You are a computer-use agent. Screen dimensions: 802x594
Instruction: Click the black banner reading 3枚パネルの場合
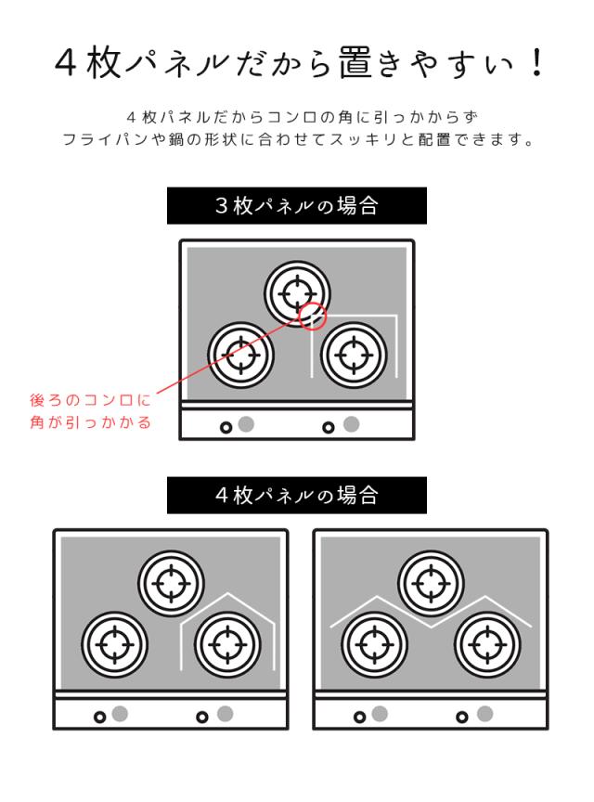point(297,205)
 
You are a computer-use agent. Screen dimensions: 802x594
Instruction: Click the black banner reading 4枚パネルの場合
point(297,495)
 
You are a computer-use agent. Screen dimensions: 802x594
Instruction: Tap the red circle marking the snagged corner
point(314,317)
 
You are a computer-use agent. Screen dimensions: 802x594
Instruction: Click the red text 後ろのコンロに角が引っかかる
point(90,411)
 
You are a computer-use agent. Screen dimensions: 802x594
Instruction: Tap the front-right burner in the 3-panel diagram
point(353,354)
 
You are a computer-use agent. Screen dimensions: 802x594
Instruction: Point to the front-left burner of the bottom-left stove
point(114,642)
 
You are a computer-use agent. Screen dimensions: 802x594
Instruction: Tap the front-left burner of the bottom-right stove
point(373,642)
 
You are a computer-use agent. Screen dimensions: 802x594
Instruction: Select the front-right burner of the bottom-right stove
point(486,642)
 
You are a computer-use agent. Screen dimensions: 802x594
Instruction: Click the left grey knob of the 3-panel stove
point(246,425)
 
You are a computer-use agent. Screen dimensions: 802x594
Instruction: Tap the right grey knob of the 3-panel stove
point(351,425)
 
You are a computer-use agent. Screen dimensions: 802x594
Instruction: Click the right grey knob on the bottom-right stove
point(484,714)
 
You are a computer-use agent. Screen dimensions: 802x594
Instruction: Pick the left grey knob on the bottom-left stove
point(120,714)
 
